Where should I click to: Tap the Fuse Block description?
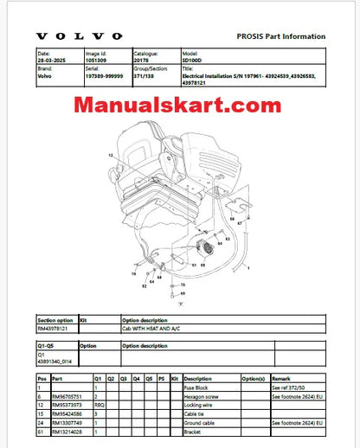(198, 385)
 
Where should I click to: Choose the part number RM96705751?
(70, 393)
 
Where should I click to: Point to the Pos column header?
(42, 378)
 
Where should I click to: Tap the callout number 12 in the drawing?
(110, 153)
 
